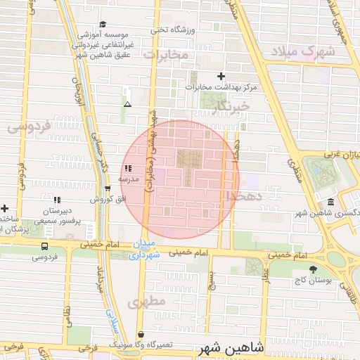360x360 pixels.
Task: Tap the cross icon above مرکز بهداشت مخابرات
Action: [221, 76]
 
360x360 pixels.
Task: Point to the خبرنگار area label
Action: [234, 105]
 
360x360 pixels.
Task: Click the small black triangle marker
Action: [127, 104]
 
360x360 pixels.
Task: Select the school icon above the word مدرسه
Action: [127, 169]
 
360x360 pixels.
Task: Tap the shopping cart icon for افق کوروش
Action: [107, 188]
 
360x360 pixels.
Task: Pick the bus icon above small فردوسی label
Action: [45, 246]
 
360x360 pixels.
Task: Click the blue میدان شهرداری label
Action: [146, 251]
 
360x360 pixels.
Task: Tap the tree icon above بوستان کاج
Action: [314, 269]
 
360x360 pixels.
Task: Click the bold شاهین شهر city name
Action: [232, 347]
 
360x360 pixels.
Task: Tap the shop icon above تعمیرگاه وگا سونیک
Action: [141, 335]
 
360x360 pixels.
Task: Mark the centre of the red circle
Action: [180, 179]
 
